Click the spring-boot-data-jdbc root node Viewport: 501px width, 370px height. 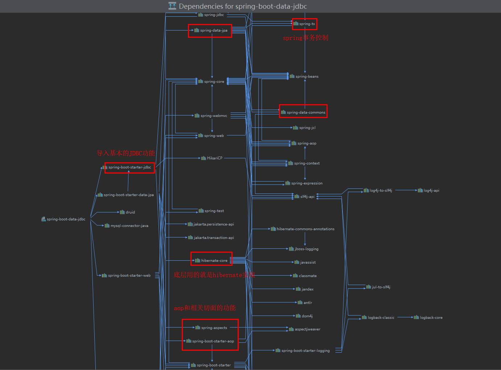pyautogui.click(x=64, y=219)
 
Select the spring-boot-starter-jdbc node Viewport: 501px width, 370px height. pyautogui.click(x=129, y=167)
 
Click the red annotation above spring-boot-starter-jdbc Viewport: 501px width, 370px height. pyautogui.click(x=126, y=153)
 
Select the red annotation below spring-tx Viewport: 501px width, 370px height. pyautogui.click(x=305, y=38)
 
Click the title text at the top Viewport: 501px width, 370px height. pyautogui.click(x=243, y=6)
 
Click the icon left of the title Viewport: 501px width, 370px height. pyautogui.click(x=172, y=6)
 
